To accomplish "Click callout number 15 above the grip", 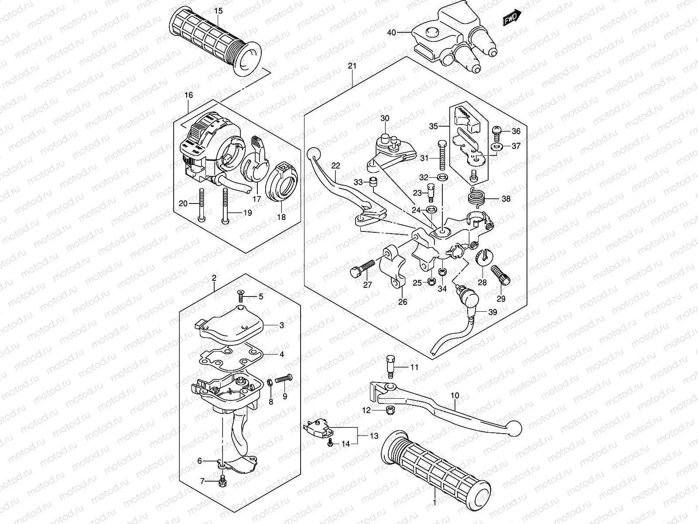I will [218, 10].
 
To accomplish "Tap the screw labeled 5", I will [240, 296].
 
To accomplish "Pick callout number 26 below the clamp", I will [402, 301].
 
